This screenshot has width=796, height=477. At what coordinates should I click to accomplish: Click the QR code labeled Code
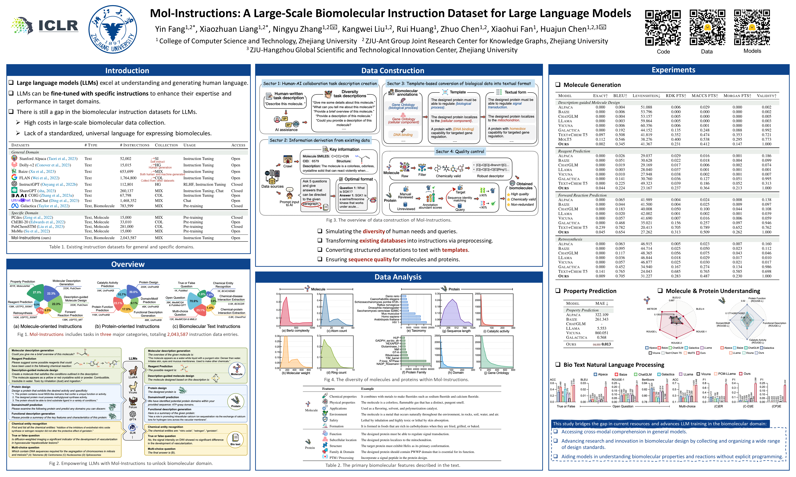coord(663,28)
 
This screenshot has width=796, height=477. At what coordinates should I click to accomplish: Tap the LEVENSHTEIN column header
coord(646,96)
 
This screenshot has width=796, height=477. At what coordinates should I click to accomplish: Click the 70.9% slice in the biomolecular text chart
coord(194,301)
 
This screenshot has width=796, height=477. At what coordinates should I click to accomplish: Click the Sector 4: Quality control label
coord(459,152)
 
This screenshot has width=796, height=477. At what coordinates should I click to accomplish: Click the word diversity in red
coord(374,231)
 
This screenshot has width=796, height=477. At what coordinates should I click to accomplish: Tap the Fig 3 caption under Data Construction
coord(389,220)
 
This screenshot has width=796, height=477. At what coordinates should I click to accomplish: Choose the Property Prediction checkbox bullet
coord(558,291)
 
